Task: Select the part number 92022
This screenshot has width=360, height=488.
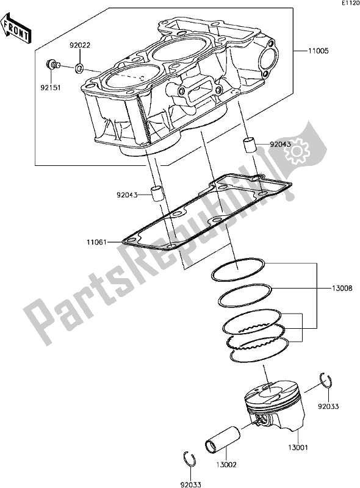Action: tap(81, 45)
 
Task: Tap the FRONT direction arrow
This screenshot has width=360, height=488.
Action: tap(17, 31)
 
